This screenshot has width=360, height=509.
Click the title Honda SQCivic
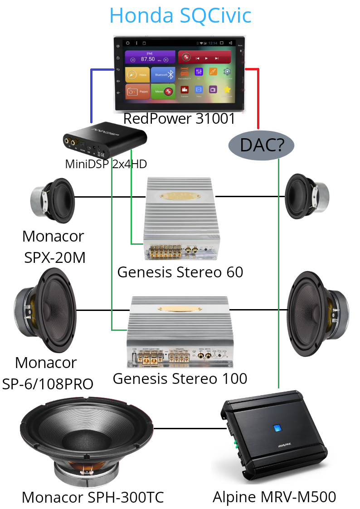click(180, 16)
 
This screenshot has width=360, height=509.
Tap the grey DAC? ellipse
click(261, 145)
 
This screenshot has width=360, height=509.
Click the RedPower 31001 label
click(179, 119)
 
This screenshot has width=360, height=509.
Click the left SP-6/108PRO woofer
click(45, 310)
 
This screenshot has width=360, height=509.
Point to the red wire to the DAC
click(258, 95)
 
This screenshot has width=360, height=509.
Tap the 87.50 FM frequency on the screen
click(148, 59)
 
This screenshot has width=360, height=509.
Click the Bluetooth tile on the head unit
click(163, 75)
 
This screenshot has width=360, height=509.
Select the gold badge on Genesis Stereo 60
click(180, 195)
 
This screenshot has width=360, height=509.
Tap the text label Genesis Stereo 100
click(180, 378)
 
